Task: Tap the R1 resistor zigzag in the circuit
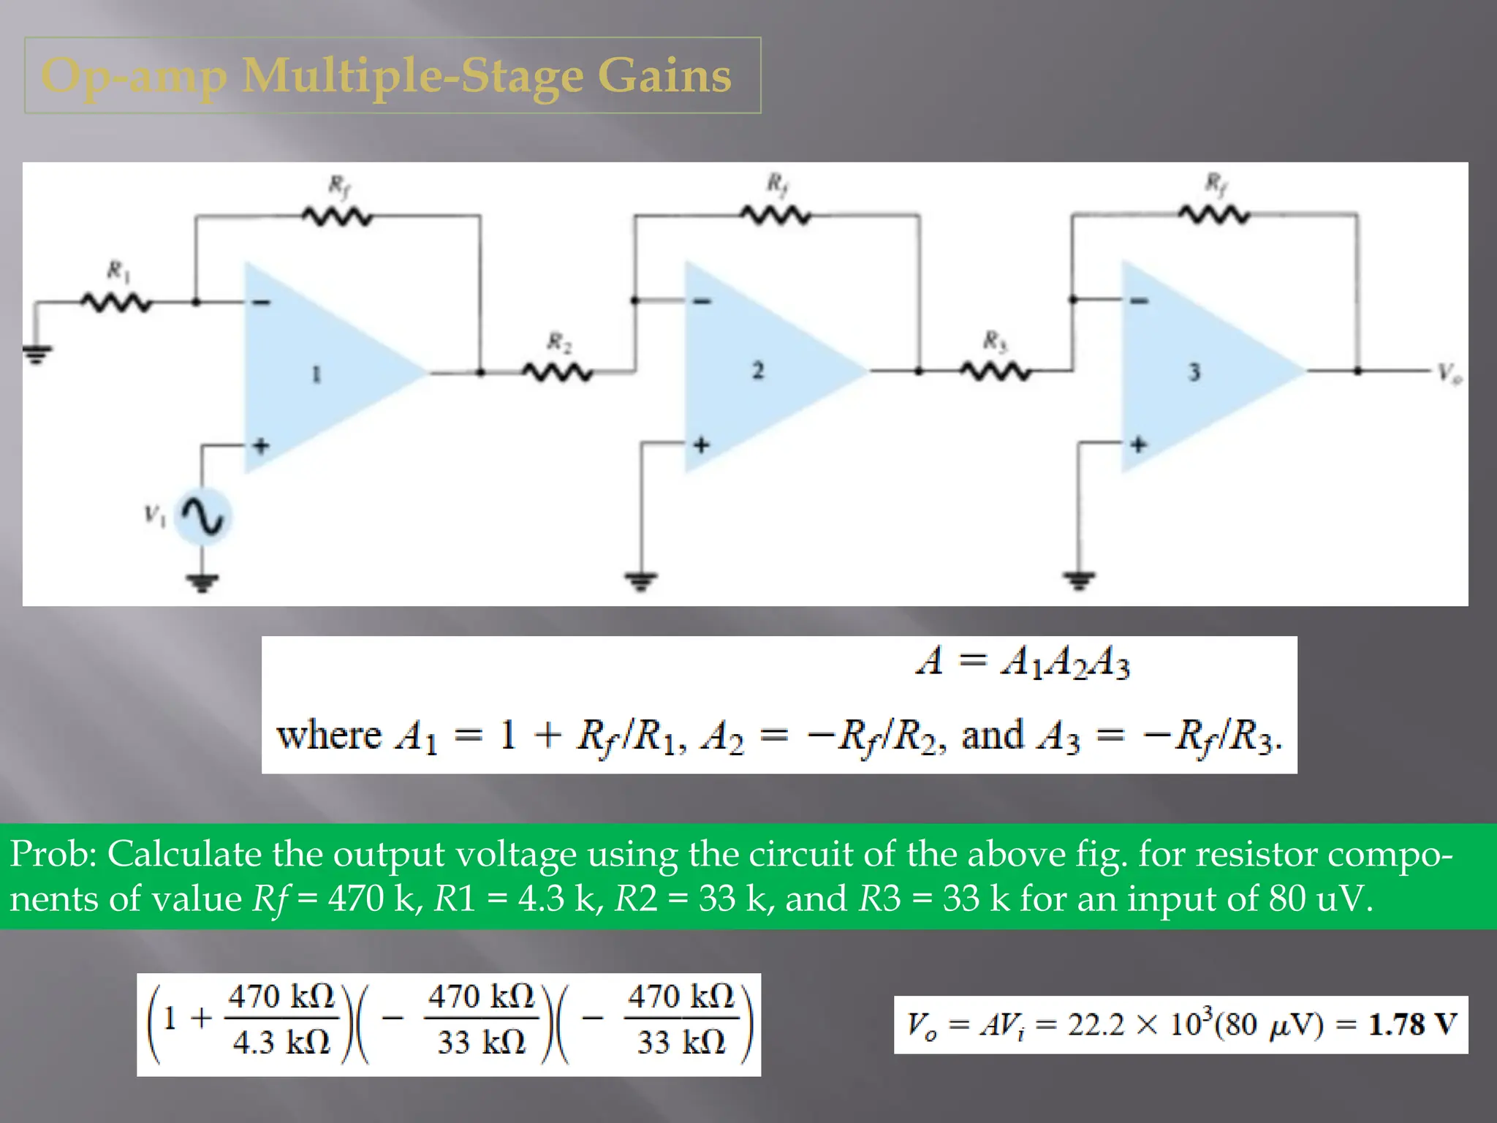pos(117,302)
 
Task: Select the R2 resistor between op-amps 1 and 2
pos(558,373)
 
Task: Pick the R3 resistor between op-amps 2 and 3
pos(996,372)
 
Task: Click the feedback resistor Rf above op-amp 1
pos(338,216)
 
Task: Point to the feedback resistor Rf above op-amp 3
pos(1215,215)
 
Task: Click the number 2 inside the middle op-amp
pos(758,370)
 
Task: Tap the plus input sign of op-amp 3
pos(1138,444)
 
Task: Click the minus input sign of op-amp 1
pos(262,302)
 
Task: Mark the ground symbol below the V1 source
pos(202,582)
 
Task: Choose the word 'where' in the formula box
pos(329,735)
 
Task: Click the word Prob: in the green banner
pos(54,854)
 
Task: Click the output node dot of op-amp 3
pos(1357,371)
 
